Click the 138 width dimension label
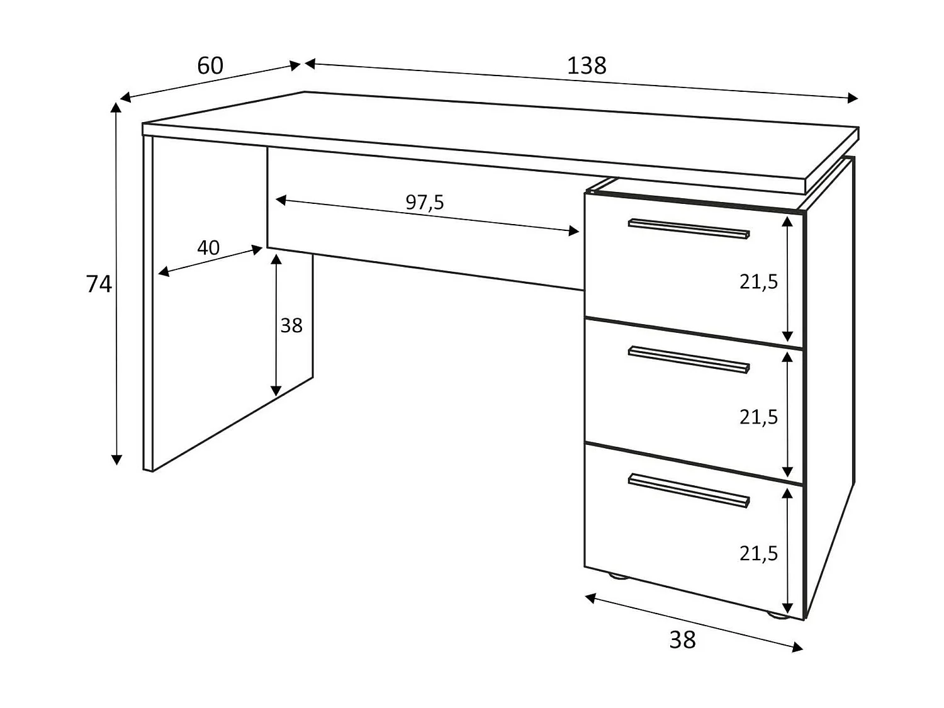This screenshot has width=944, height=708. (x=587, y=66)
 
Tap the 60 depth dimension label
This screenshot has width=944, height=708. (x=210, y=66)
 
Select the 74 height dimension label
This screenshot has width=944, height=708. (x=99, y=284)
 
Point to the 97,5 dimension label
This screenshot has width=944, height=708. (x=425, y=203)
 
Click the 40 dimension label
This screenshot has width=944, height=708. (x=208, y=248)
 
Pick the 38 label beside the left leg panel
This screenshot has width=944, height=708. (x=291, y=326)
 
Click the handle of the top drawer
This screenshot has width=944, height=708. (x=688, y=228)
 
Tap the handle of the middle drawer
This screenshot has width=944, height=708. (x=688, y=359)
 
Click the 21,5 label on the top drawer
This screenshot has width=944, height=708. (x=758, y=282)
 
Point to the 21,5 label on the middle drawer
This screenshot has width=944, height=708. (x=758, y=417)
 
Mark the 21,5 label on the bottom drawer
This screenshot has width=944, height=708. (x=758, y=554)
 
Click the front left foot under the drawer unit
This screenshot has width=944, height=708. (x=617, y=575)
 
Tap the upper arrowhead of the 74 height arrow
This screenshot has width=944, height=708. (x=116, y=107)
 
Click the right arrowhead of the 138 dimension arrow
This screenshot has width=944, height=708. (x=853, y=98)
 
